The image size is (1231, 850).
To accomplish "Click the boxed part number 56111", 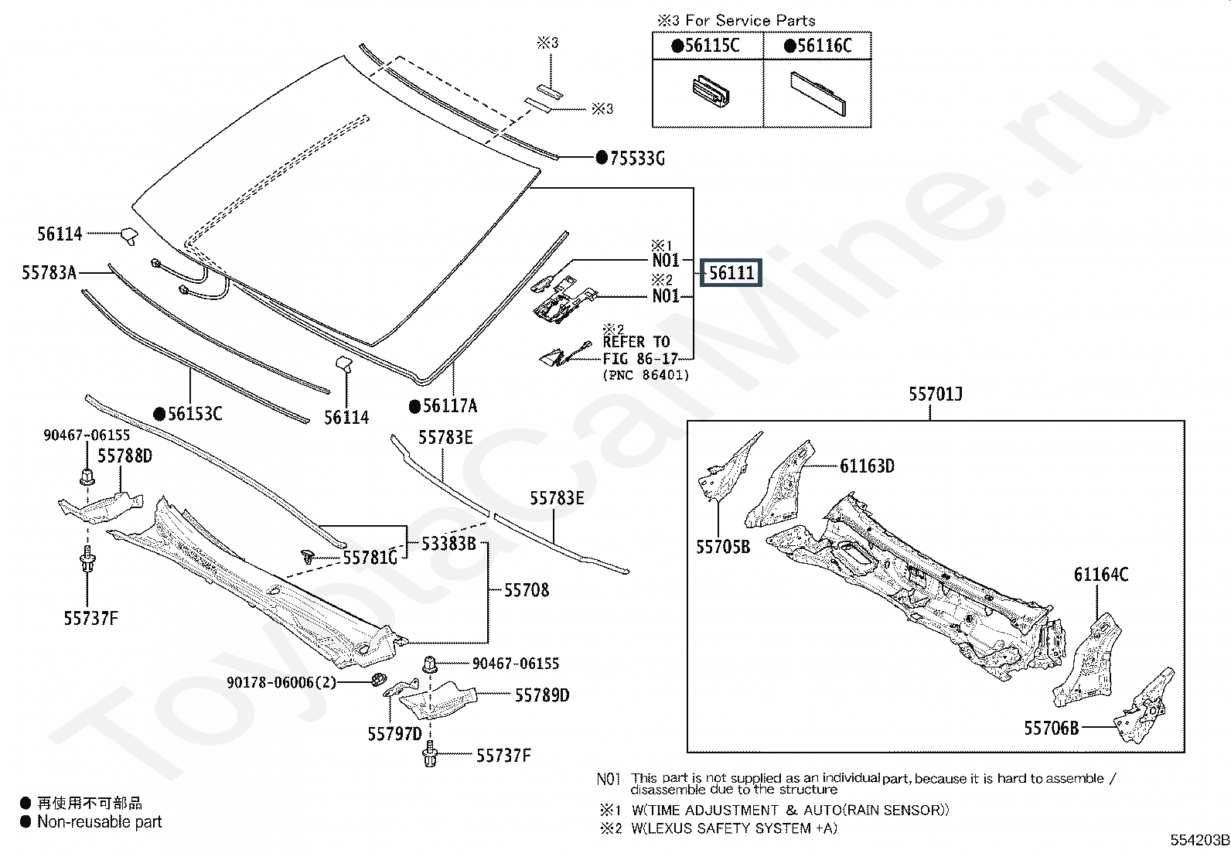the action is point(731,273).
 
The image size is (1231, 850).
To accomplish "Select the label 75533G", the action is point(637,159).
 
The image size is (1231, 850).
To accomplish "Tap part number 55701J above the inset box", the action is point(936,394).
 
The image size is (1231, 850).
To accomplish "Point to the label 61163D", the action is point(868,466).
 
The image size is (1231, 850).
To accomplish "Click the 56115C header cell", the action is point(708,46).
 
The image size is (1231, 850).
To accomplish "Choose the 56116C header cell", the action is point(817,46).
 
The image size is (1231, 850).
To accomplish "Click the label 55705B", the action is point(723,547).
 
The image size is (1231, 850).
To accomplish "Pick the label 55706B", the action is point(1052,729).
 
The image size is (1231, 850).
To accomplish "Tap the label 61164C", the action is point(1101,575).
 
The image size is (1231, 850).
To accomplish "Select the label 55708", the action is point(527,590).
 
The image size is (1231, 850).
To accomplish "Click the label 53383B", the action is point(448,544).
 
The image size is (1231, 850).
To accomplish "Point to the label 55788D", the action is point(124,456).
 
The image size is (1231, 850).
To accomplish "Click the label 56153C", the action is point(195,414).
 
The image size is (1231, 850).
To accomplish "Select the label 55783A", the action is point(49,273).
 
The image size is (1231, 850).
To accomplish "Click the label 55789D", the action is point(542,695).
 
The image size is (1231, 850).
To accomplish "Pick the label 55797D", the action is point(394,734).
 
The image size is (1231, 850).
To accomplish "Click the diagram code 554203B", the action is point(1199,840).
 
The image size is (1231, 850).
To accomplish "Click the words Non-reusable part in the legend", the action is point(100,822).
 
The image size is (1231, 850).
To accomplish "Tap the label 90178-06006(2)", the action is point(281,682).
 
